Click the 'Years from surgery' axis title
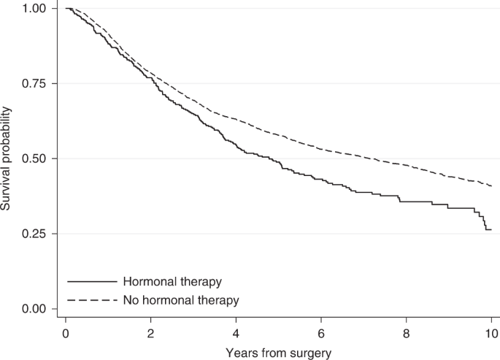click(x=278, y=352)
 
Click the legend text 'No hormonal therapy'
click(x=181, y=299)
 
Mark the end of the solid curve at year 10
click(x=491, y=230)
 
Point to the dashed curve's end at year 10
click(x=491, y=185)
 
